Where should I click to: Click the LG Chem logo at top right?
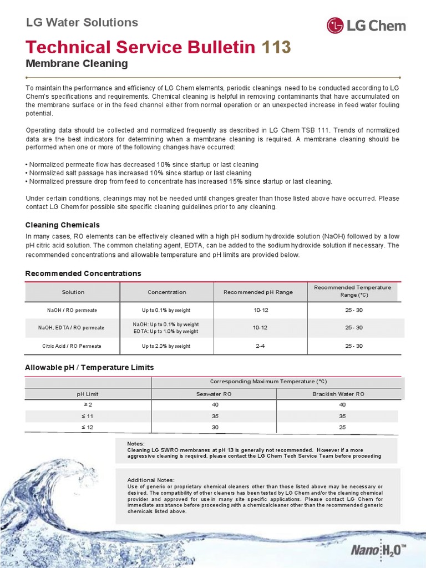click(x=366, y=26)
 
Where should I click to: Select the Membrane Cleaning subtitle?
click(x=77, y=64)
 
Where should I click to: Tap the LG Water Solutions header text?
click(x=82, y=23)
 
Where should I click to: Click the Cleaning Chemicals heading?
click(x=63, y=225)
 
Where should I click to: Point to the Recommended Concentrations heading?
click(x=83, y=273)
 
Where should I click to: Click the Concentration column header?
click(x=167, y=292)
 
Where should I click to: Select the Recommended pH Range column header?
click(x=258, y=292)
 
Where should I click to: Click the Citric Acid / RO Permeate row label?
click(x=72, y=346)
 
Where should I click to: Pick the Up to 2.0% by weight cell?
click(x=166, y=346)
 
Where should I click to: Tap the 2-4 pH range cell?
click(x=260, y=346)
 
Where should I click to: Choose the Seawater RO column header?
click(x=214, y=394)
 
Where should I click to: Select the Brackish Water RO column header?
click(x=338, y=394)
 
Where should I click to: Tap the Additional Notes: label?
click(x=151, y=480)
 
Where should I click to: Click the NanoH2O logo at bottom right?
click(x=378, y=551)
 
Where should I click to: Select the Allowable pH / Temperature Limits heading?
click(x=89, y=368)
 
